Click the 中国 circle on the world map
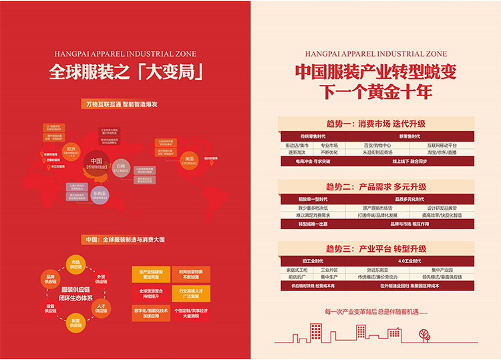[96, 162]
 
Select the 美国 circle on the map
[189, 160]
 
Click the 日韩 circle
[121, 169]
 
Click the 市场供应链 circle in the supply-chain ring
[75, 263]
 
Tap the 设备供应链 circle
[51, 309]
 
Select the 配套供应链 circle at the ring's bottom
[75, 323]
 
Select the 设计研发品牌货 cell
[444, 208]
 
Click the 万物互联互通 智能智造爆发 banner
[122, 105]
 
